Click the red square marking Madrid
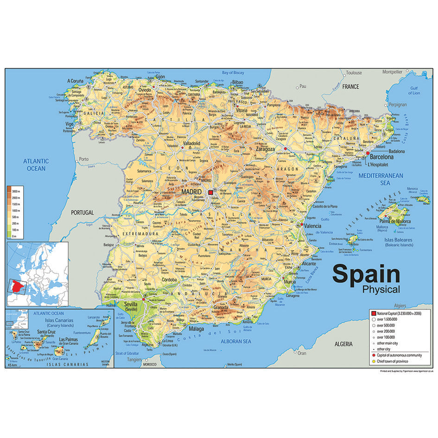[210, 192]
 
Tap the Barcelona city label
[381, 157]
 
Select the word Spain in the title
[366, 274]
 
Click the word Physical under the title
[381, 290]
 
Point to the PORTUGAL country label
[82, 212]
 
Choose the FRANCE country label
[350, 87]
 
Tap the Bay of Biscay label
[233, 73]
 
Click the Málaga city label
[196, 329]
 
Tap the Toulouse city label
[354, 73]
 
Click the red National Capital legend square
[373, 314]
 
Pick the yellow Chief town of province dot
[373, 361]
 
